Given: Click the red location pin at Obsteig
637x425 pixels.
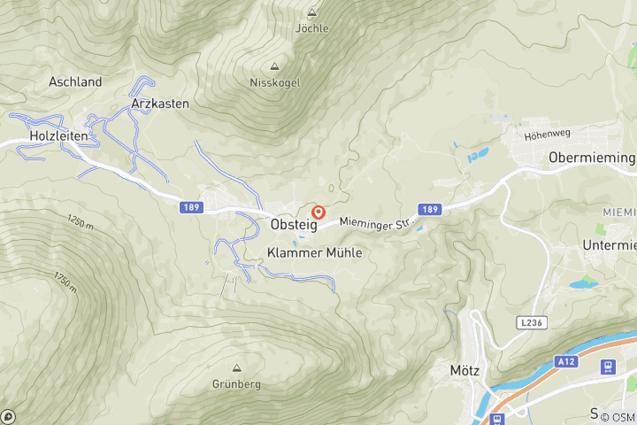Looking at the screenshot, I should point(318,212).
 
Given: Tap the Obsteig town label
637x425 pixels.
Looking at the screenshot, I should point(293,225).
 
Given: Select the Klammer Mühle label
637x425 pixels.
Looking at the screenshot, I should point(314,252).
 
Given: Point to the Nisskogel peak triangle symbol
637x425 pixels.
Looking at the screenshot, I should point(274,67).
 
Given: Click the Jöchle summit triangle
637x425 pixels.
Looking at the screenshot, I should point(311,12).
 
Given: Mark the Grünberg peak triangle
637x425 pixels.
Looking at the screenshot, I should point(236,368).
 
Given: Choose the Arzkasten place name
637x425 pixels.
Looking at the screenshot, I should point(160,104).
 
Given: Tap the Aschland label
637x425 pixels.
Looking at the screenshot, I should point(75,81).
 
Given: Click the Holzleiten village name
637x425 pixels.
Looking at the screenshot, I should point(58,135).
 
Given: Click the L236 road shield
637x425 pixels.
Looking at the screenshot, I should point(532,323).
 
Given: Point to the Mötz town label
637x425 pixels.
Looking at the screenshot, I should point(464,371).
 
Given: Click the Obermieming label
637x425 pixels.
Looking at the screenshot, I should point(591,158).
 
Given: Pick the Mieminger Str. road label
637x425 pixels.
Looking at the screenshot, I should point(377,222).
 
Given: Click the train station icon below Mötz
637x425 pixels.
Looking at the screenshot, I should point(497,418).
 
